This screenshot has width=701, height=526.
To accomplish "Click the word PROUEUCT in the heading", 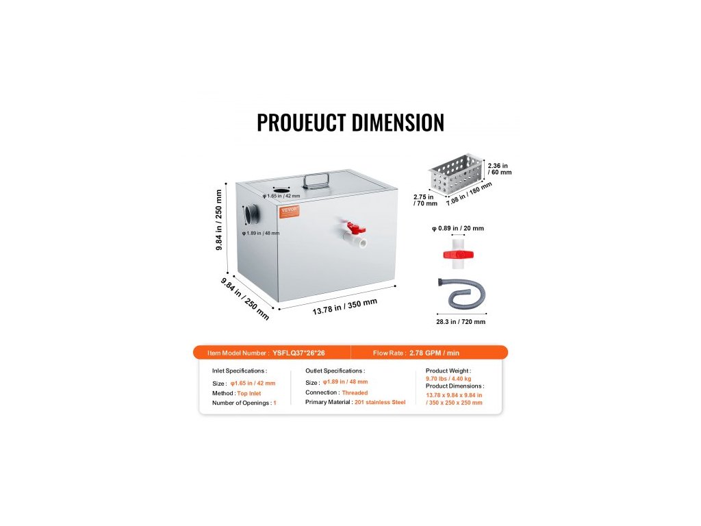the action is coord(301,123).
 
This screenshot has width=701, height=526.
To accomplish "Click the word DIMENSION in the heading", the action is coord(398,123).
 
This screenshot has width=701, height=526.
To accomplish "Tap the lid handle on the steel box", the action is coord(315,180).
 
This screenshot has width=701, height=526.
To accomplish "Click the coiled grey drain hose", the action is coord(459,292).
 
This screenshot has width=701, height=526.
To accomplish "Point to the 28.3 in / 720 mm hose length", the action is coord(460,321).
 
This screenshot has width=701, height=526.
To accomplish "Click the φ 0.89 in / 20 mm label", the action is coord(457,229).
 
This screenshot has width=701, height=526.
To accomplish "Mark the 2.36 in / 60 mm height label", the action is coord(499,168).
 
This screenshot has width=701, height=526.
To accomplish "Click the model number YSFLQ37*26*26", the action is coord(298,353).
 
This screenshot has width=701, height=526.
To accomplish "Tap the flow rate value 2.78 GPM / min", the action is coord(435,353).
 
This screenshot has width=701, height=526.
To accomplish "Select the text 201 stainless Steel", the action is coord(380,402).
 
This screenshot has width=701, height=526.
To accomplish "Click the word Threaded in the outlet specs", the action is coord(355,392).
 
